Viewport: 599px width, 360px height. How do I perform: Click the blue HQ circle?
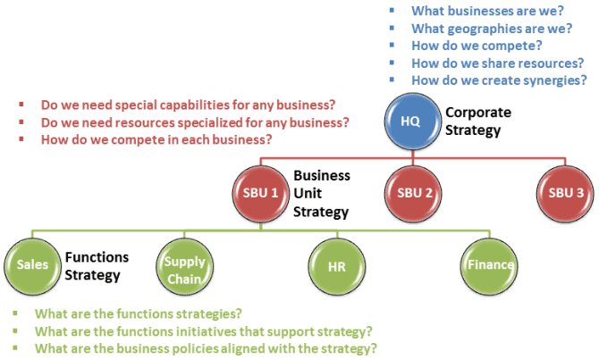[x=412, y=121]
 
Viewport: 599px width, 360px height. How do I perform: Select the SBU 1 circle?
[x=260, y=194]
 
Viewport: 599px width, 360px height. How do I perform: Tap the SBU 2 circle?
[x=413, y=194]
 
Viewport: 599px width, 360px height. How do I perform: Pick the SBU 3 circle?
[x=565, y=194]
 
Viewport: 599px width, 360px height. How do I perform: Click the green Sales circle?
[x=32, y=266]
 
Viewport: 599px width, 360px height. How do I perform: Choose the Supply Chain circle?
[x=184, y=266]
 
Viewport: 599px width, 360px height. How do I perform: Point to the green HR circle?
[x=336, y=266]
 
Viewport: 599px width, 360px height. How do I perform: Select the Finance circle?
[x=489, y=266]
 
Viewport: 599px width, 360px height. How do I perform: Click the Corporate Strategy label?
[x=478, y=121]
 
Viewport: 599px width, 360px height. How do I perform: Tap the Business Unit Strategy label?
[x=322, y=194]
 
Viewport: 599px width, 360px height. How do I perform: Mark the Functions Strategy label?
[x=97, y=266]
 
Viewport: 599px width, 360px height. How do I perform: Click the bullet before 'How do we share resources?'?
[x=392, y=63]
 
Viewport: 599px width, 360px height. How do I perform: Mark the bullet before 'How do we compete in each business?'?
[x=21, y=139]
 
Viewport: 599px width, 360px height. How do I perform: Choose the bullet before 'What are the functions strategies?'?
[x=15, y=313]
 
